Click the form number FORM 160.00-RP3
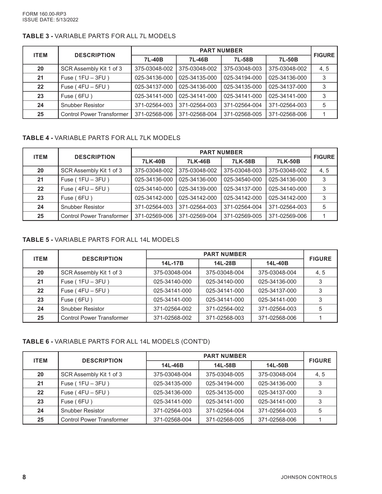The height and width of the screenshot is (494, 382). (44, 14)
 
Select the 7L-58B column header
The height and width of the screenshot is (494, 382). (243, 60)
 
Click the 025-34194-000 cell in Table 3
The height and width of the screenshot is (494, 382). (243, 78)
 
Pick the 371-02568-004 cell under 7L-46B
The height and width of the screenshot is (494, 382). (198, 114)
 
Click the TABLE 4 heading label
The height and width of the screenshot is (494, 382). (37, 138)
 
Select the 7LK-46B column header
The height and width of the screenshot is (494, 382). (199, 162)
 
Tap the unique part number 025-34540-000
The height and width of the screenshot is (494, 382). (243, 180)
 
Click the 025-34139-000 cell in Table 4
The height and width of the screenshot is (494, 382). (198, 189)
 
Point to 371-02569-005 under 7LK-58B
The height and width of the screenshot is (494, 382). (243, 216)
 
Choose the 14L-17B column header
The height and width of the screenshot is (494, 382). (172, 263)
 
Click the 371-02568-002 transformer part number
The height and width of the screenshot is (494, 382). (172, 318)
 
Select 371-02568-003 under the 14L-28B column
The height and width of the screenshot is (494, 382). (225, 318)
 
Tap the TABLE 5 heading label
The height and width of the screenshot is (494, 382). (37, 240)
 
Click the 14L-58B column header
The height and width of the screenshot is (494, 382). (225, 365)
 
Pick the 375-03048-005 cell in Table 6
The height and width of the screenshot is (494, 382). (225, 375)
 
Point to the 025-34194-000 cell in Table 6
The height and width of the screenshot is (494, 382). (225, 384)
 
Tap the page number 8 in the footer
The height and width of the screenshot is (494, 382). (24, 477)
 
